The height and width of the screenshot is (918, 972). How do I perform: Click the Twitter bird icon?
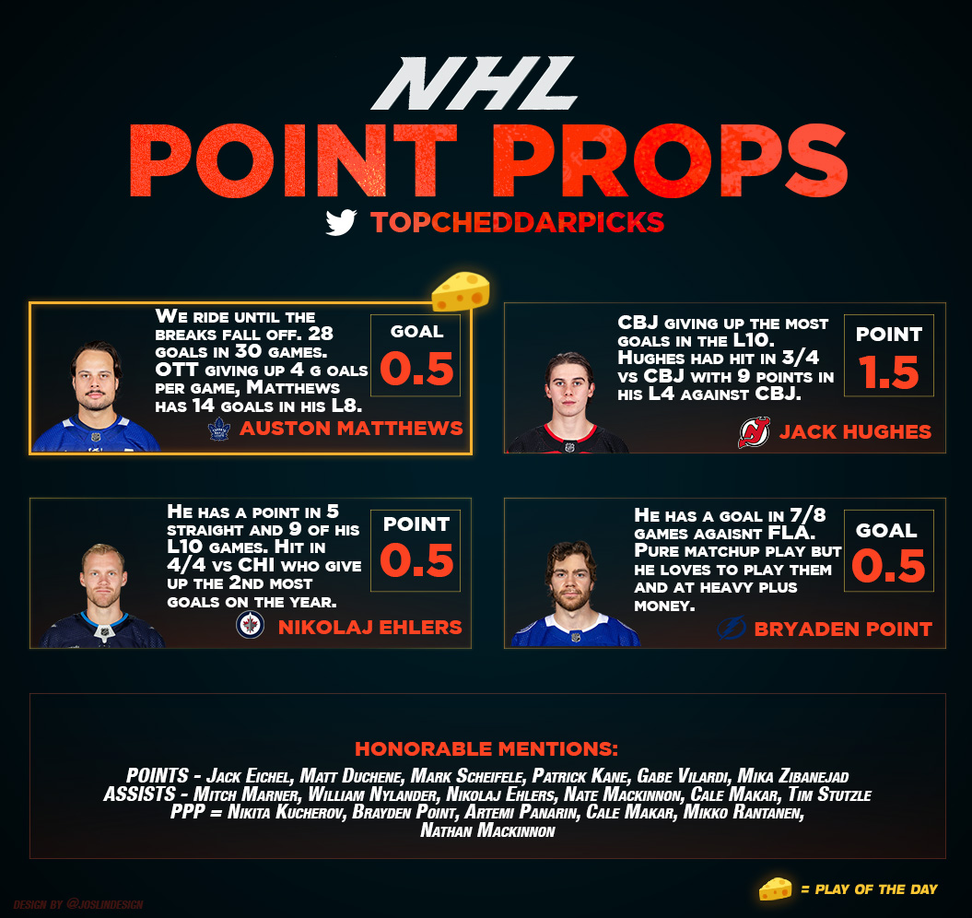pos(341,222)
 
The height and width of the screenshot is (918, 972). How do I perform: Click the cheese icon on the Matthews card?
pos(460,292)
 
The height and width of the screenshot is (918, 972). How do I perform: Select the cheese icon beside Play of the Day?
pos(775,889)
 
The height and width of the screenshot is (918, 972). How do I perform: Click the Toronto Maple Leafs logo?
pos(219,429)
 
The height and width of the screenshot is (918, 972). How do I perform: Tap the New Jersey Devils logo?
pos(754,431)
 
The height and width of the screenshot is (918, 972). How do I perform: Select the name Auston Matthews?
pos(350,430)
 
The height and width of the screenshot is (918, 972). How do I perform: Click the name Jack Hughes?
pos(855,431)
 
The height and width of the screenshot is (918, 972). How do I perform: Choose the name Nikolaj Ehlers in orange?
pos(369,628)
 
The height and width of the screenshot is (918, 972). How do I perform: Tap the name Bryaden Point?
pos(843,630)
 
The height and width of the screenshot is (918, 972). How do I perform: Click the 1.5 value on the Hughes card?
pos(888,373)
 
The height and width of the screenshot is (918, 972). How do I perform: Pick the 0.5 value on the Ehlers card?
pos(416,561)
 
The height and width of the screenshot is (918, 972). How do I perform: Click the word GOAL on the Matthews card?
pos(416,331)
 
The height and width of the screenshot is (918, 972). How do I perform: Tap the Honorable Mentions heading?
pos(486,747)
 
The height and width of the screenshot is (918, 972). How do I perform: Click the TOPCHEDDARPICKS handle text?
pos(517,222)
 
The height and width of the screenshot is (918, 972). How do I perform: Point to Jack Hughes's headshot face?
pos(569,390)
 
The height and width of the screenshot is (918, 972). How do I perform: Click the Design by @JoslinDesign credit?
pos(78,905)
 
